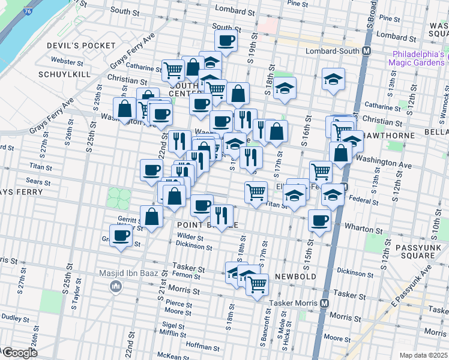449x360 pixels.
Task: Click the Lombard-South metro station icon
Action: click(365, 52)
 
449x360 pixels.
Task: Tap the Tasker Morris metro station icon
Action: click(324, 303)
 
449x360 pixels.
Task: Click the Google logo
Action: click(19, 352)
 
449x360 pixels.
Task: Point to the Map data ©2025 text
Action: click(424, 355)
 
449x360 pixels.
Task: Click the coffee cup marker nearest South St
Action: click(226, 40)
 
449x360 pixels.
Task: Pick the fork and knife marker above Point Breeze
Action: click(221, 215)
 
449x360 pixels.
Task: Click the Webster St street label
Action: click(67, 61)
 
